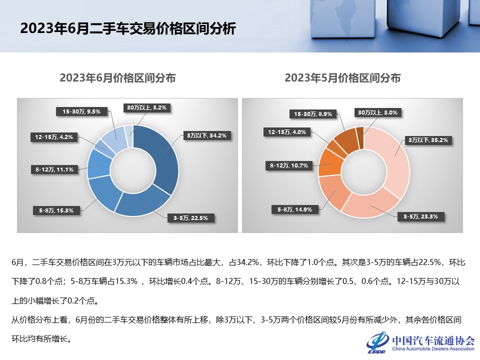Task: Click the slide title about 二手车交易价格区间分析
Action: click(127, 28)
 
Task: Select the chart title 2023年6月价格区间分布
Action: click(117, 78)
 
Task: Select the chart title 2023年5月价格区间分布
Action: click(342, 78)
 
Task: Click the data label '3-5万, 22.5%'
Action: click(194, 217)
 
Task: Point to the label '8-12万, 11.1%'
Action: click(54, 169)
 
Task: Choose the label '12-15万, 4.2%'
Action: click(54, 136)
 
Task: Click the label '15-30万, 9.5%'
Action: click(81, 111)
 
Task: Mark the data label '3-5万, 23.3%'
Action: click(421, 216)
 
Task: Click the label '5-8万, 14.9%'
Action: click(294, 209)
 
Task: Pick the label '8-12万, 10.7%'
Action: click(288, 165)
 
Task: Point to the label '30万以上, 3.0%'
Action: click(377, 112)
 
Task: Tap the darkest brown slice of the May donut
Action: click(359, 131)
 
